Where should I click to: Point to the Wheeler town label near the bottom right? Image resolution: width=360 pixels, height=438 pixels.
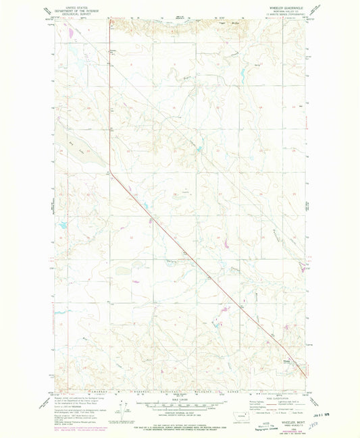pos(286,362)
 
